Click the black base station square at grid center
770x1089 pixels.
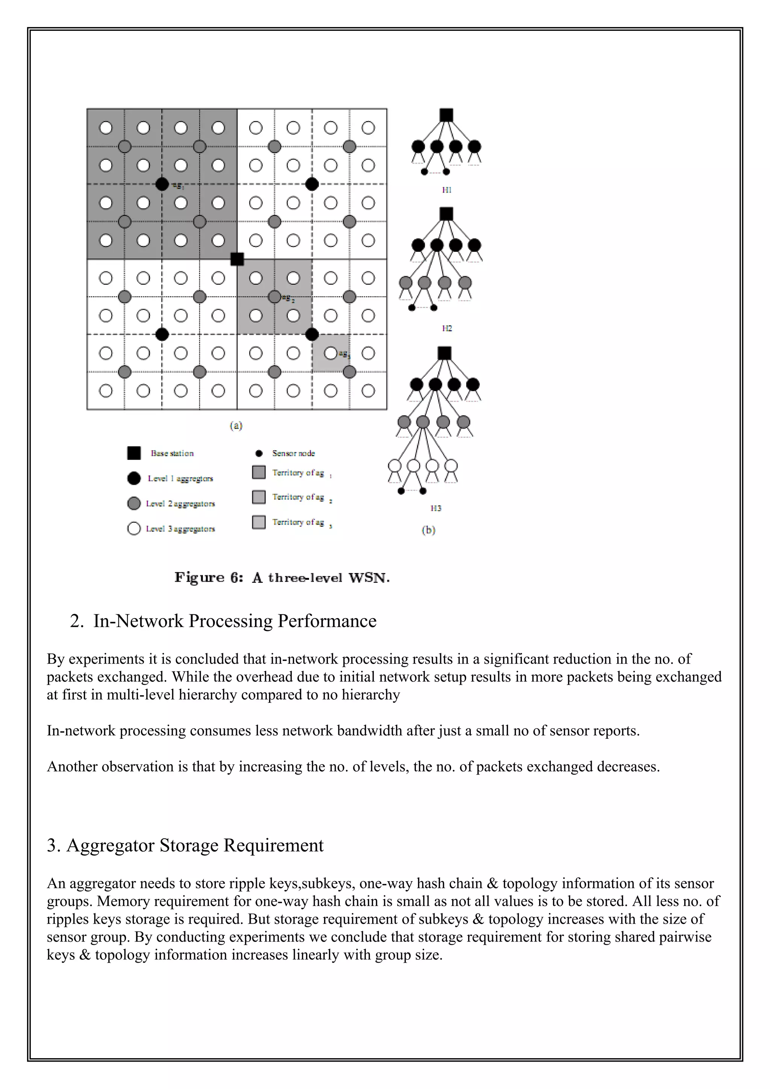(237, 259)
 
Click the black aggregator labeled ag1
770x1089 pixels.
(162, 184)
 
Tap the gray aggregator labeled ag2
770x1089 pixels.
(274, 297)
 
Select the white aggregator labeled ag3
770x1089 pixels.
(331, 353)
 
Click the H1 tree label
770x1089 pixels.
(446, 190)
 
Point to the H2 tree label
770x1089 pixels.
(446, 328)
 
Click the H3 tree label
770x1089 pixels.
(435, 508)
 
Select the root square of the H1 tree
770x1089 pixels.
(446, 115)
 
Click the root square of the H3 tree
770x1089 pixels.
(444, 353)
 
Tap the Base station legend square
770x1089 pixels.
(134, 453)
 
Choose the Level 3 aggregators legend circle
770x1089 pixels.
(134, 528)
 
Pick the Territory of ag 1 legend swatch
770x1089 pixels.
(259, 472)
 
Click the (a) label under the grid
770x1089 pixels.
(236, 425)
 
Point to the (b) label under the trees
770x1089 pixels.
(428, 530)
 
